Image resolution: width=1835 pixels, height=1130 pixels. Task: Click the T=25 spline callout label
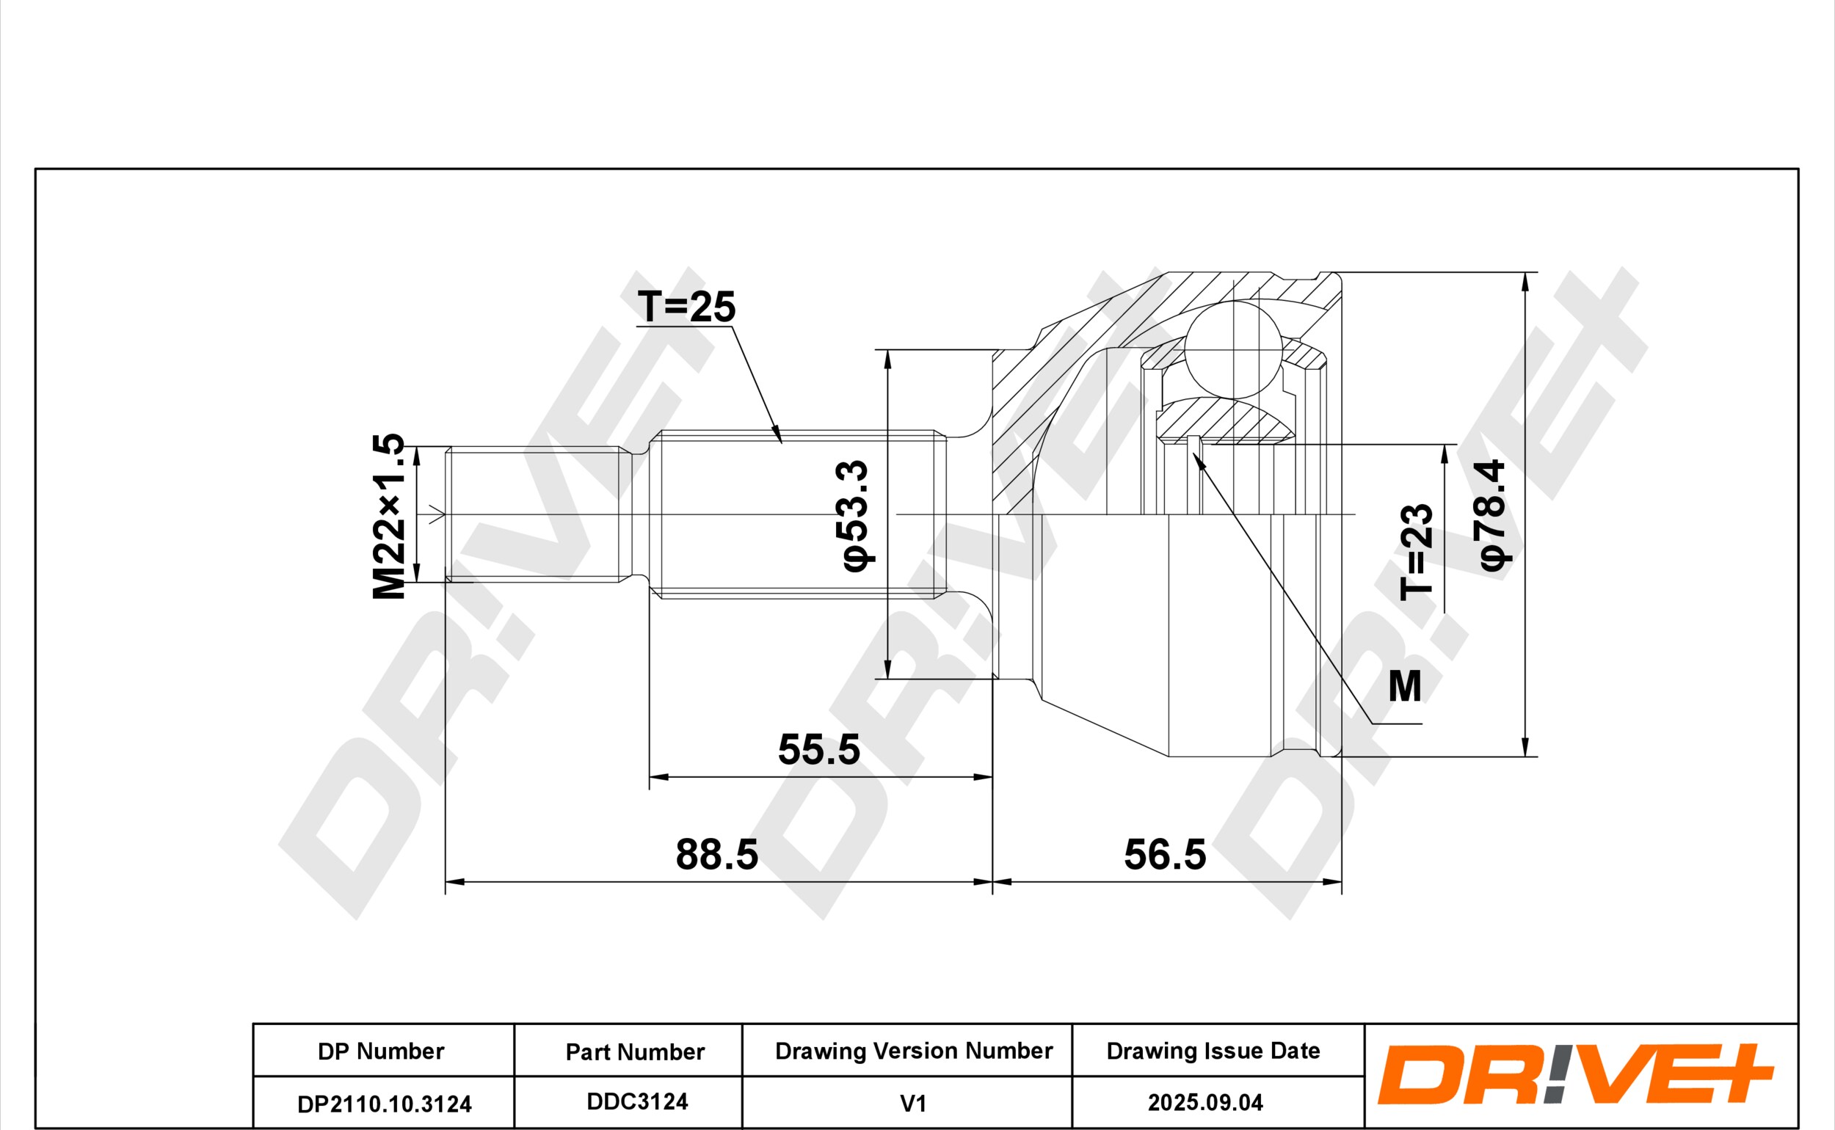(686, 307)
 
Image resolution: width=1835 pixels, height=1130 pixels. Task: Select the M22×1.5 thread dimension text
(389, 517)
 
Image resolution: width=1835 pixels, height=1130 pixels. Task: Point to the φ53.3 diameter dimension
(855, 517)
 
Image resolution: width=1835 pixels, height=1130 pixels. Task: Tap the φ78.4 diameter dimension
(1492, 515)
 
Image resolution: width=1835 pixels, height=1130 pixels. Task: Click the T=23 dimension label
(1417, 553)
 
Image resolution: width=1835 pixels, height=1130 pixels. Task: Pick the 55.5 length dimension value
(819, 750)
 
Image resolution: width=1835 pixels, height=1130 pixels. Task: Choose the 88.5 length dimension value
(717, 855)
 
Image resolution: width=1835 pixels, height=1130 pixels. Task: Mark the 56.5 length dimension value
(1166, 855)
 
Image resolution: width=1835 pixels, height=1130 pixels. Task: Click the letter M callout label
(1404, 686)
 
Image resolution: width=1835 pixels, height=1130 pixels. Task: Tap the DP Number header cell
(381, 1051)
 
